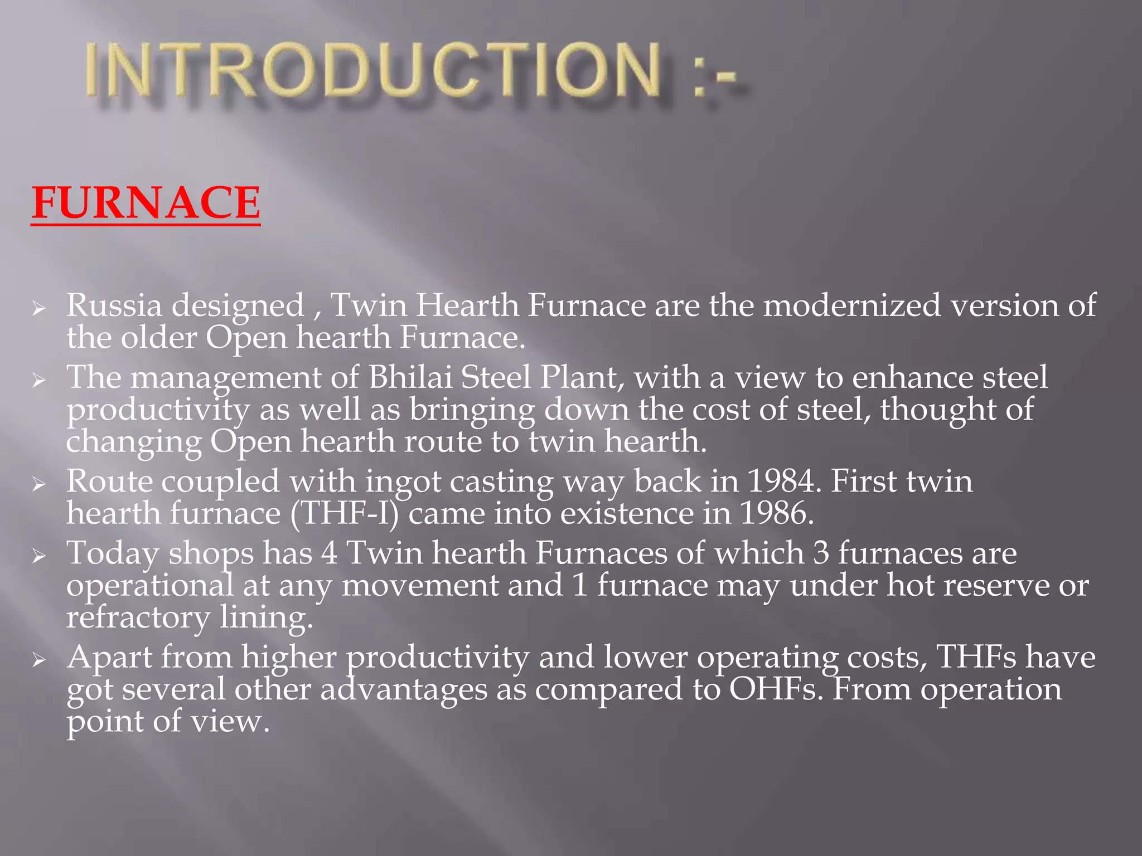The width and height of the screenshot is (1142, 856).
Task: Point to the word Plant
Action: (579, 377)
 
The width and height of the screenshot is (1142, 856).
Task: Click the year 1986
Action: (777, 513)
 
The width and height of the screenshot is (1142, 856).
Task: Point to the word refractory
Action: (138, 618)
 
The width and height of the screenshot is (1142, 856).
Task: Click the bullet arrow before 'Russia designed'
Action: (38, 308)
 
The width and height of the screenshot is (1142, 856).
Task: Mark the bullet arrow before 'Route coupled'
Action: (38, 483)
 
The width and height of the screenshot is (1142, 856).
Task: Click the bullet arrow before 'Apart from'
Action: (38, 659)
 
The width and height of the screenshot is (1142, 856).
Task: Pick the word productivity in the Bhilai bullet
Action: (158, 411)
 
